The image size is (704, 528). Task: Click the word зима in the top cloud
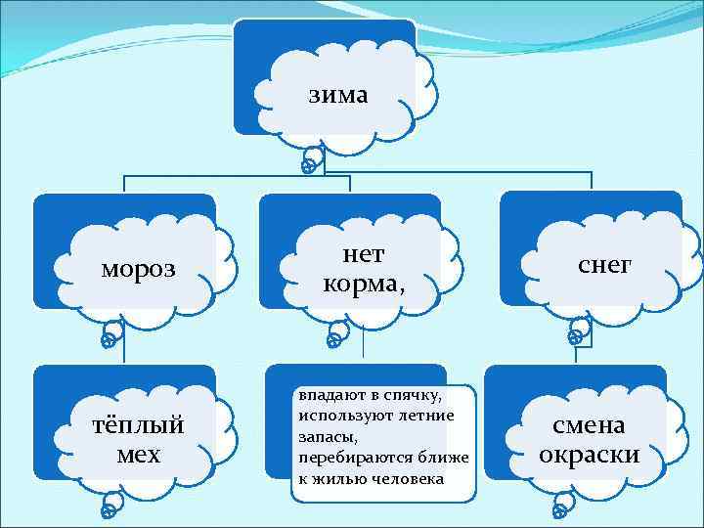point(338,95)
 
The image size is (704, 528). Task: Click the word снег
point(605,264)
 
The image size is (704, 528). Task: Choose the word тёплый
point(144,427)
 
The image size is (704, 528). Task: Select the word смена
point(590,425)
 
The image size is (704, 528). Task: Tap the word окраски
point(590,455)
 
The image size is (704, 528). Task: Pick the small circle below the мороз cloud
point(110,341)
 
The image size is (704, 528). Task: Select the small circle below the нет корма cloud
point(333,341)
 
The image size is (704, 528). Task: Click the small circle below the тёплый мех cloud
point(110,511)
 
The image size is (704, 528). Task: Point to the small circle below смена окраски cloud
point(559,510)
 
